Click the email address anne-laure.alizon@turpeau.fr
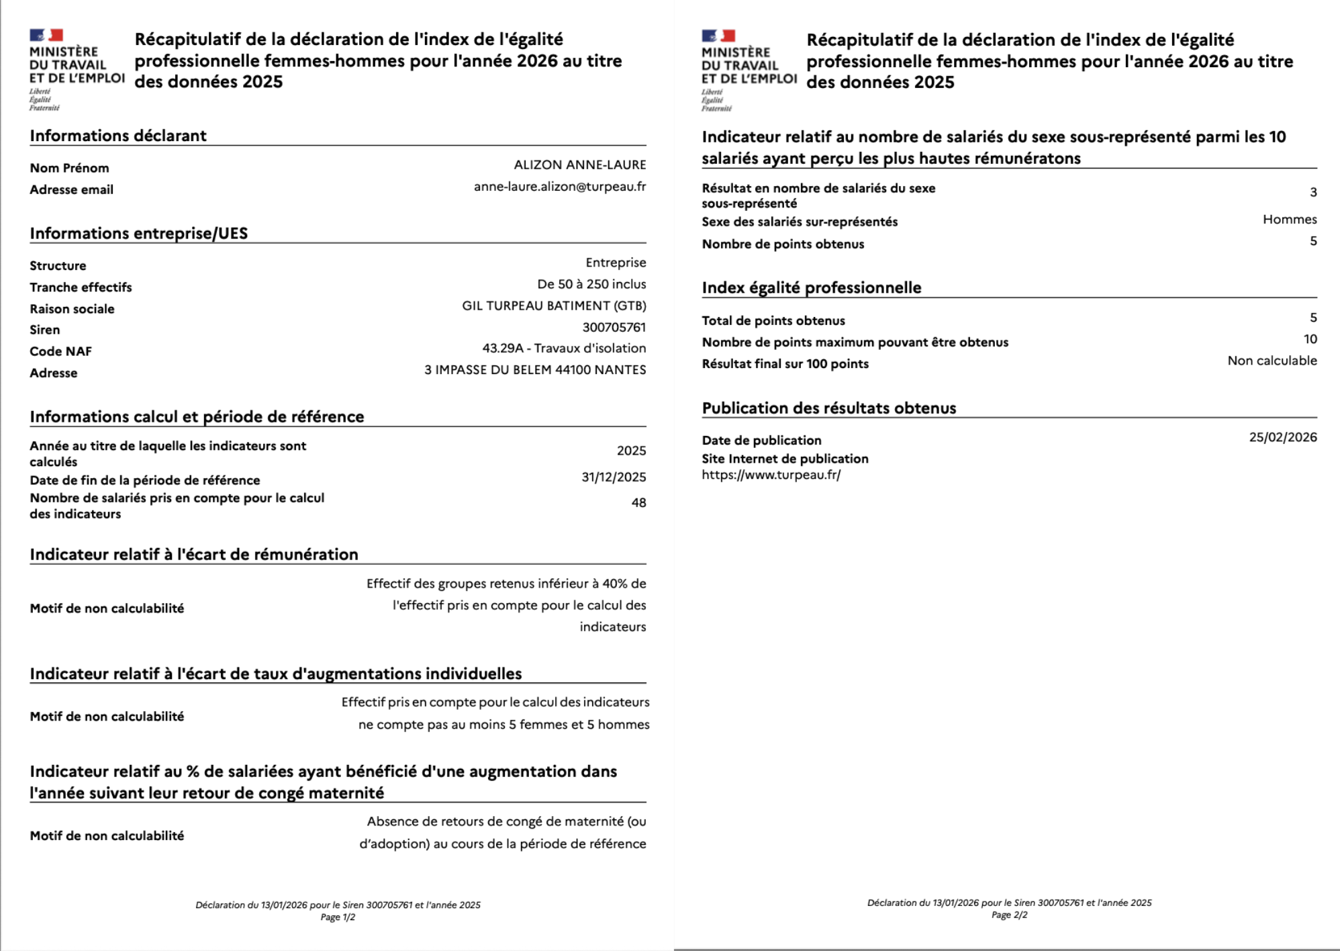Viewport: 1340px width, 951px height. pos(560,187)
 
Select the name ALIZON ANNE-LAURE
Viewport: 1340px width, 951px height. pos(580,165)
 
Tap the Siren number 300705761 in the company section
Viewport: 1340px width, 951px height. pos(614,327)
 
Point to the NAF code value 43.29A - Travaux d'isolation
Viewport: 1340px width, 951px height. pos(564,348)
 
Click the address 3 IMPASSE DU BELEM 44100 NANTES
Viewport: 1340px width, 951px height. pos(535,369)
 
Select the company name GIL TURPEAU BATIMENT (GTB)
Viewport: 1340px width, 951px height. pos(554,306)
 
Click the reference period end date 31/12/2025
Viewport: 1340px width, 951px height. pos(614,477)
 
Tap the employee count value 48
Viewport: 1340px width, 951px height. pos(638,502)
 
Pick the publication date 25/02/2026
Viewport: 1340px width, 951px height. pos(1282,437)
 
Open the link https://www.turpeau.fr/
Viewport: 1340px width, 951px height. pos(771,475)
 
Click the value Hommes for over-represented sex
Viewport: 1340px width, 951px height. pos(1289,220)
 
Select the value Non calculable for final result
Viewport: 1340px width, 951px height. pos(1272,361)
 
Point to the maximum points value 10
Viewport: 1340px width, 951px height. pos(1310,339)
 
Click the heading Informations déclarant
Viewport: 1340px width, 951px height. pos(118,136)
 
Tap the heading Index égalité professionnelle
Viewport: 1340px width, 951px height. pos(811,288)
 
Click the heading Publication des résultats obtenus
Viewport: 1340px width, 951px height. pos(828,408)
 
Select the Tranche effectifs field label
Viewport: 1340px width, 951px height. pos(81,287)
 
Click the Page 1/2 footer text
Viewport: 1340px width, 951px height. pos(338,917)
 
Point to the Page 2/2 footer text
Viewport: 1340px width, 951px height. pos(1009,915)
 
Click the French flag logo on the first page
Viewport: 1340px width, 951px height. pos(46,36)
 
